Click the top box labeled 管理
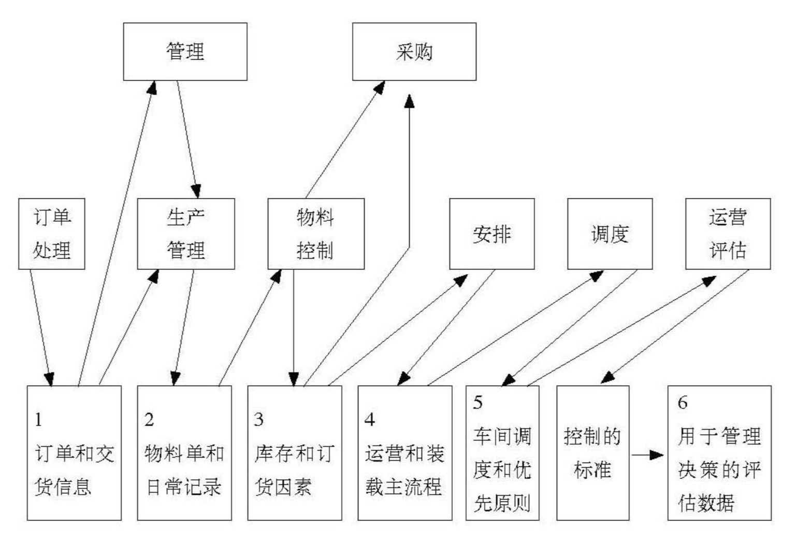click(185, 52)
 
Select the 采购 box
click(414, 52)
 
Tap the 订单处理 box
click(51, 234)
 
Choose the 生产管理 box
click(186, 234)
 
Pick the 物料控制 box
click(316, 234)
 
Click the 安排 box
click(492, 234)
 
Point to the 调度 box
click(610, 234)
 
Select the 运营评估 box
click(728, 234)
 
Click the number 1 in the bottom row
click(38, 420)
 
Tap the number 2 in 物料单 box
click(149, 420)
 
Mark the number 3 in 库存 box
click(259, 420)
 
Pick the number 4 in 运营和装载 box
click(370, 420)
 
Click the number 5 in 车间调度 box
click(477, 403)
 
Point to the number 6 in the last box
click(682, 403)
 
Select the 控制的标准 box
click(593, 453)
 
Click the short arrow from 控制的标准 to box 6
click(647, 455)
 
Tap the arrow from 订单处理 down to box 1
click(41, 328)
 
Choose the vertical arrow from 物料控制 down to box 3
click(294, 328)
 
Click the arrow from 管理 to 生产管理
click(188, 139)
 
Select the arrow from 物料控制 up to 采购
click(345, 139)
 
